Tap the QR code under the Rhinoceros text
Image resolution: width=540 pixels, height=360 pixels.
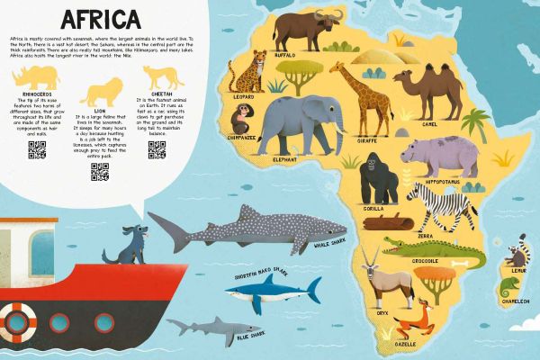coord(37,150)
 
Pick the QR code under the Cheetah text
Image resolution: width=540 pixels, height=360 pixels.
coord(157,150)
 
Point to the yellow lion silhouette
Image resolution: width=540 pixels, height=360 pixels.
coord(102,89)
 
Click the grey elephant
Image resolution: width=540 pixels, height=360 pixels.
coord(287,122)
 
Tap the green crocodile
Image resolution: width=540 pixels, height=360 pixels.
coord(419,246)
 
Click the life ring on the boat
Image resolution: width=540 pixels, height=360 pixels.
coord(17,321)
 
